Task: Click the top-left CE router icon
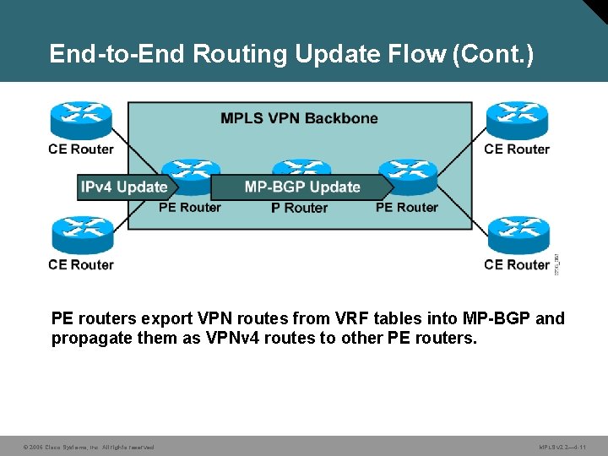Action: pyautogui.click(x=81, y=120)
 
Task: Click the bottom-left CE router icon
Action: pyautogui.click(x=81, y=236)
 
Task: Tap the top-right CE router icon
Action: pyautogui.click(x=516, y=120)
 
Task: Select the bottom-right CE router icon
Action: pyautogui.click(x=517, y=236)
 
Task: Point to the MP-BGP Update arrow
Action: pyautogui.click(x=302, y=187)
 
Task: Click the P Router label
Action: pyautogui.click(x=299, y=208)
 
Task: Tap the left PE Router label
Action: pyautogui.click(x=190, y=208)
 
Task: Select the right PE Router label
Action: pyautogui.click(x=406, y=208)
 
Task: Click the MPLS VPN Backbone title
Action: pyautogui.click(x=299, y=118)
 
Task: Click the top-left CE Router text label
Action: pyautogui.click(x=81, y=149)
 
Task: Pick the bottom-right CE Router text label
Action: pyautogui.click(x=517, y=265)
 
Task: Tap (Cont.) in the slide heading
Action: pyautogui.click(x=493, y=54)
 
